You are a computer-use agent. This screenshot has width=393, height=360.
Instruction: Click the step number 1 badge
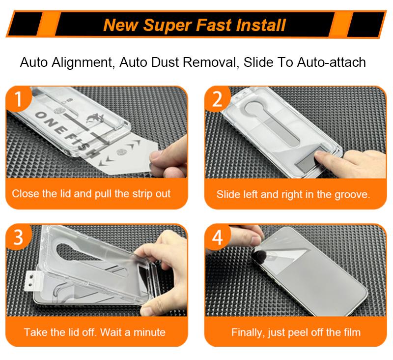(18, 98)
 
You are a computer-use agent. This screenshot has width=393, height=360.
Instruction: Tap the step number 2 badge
(217, 98)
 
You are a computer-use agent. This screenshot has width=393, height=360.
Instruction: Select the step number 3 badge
(18, 237)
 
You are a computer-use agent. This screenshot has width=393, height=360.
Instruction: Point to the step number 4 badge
(217, 237)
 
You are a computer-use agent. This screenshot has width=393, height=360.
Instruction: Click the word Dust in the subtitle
(165, 62)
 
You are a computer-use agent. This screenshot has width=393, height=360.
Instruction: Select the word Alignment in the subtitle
(82, 62)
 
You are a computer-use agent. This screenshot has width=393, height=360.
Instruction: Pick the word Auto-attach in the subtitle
(331, 62)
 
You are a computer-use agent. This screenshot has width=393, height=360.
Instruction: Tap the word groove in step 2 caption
(352, 195)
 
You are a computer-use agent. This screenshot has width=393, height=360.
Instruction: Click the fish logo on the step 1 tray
(95, 119)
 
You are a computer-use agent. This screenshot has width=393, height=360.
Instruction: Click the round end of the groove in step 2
(254, 108)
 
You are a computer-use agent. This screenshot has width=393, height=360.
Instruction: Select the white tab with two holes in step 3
(32, 281)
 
